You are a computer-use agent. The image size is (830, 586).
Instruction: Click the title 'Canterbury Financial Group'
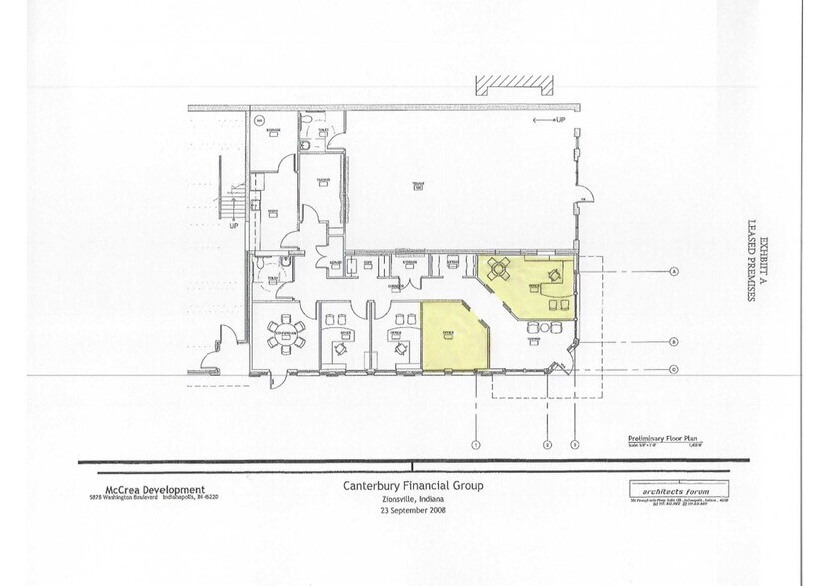pyautogui.click(x=413, y=486)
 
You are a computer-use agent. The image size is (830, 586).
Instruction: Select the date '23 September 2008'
pyautogui.click(x=413, y=510)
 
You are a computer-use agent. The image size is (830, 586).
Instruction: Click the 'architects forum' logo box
pyautogui.click(x=671, y=489)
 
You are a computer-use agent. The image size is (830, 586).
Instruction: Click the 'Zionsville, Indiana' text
pyautogui.click(x=413, y=499)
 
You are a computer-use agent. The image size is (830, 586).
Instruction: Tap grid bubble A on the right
pyautogui.click(x=675, y=271)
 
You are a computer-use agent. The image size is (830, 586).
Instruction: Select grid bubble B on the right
pyautogui.click(x=675, y=342)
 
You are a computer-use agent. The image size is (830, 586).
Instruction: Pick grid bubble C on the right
pyautogui.click(x=675, y=369)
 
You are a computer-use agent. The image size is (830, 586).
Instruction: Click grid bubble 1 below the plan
pyautogui.click(x=477, y=444)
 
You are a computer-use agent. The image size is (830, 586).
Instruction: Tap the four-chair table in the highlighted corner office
pyautogui.click(x=500, y=266)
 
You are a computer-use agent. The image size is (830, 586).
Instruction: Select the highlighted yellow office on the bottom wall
pyautogui.click(x=452, y=336)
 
